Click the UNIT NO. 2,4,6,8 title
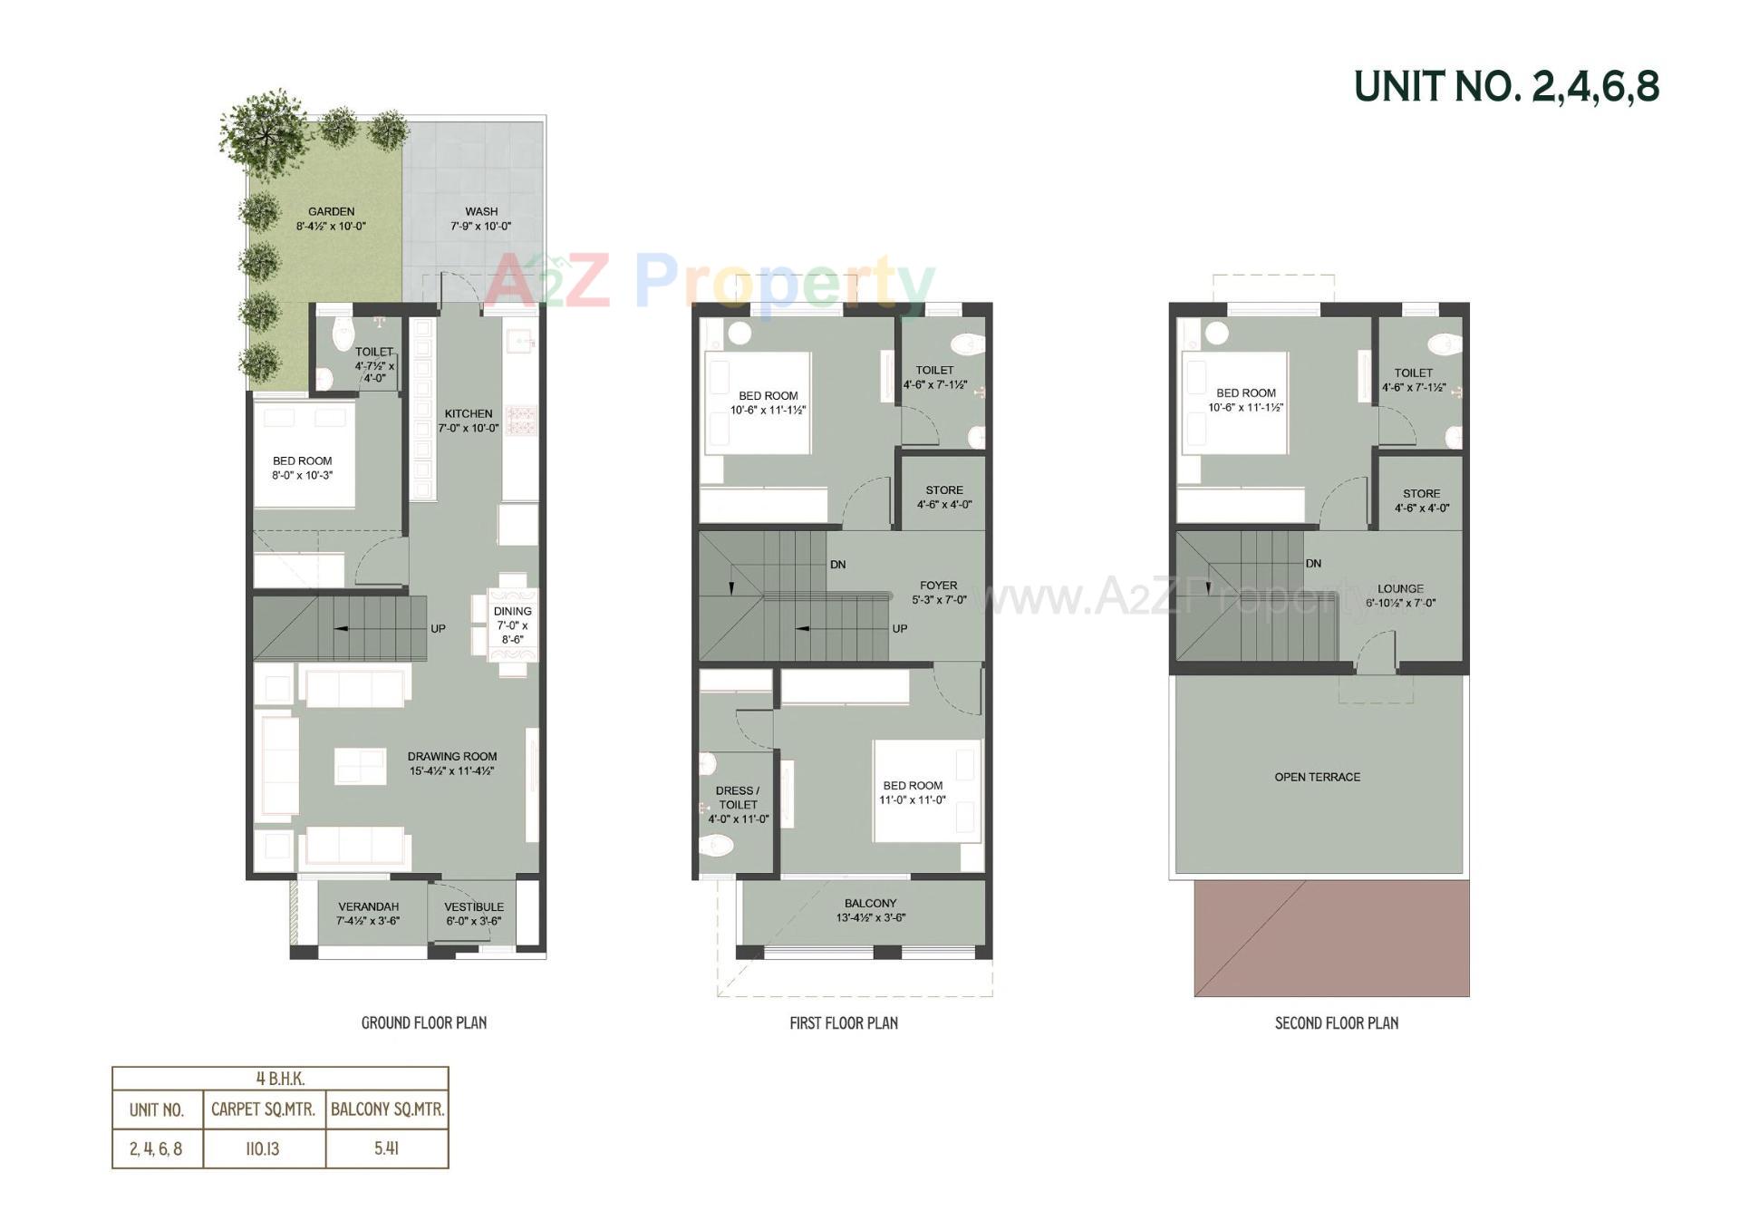tap(1505, 87)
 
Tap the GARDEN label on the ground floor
tap(331, 212)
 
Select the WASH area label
tap(481, 212)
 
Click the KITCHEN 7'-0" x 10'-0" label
tap(469, 421)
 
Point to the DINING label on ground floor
tap(513, 612)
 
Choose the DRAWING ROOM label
tap(452, 757)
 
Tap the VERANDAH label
tap(368, 907)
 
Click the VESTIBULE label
tap(474, 907)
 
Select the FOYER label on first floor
tap(938, 586)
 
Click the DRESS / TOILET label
tap(738, 798)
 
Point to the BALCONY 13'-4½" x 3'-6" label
tap(870, 910)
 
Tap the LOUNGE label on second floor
tap(1400, 589)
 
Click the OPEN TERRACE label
tap(1317, 778)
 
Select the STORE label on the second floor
tap(1421, 494)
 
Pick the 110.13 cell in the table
tap(263, 1149)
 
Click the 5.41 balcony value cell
tap(387, 1148)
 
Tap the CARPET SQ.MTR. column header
tap(263, 1109)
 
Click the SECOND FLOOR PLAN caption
tap(1336, 1023)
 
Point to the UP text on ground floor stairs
tap(438, 629)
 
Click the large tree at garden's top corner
tap(264, 133)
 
